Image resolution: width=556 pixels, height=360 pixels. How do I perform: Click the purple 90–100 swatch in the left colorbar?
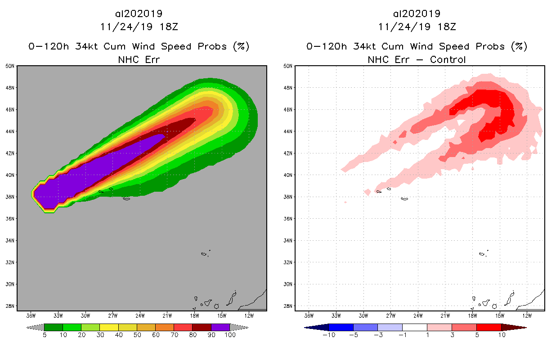coord(220,327)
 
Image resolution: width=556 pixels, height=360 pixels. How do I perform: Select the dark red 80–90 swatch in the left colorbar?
coord(202,327)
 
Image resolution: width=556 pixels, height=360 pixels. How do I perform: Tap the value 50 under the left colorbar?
coord(137,335)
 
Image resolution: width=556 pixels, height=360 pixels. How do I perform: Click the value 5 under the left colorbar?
coord(45,335)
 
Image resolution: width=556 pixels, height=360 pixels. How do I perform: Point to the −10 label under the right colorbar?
coord(329,335)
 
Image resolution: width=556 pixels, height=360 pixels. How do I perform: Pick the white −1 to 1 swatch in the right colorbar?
coord(414,327)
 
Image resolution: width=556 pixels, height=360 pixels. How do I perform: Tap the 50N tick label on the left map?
coord(11,66)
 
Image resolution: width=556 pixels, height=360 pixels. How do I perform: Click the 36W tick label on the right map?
coord(309,315)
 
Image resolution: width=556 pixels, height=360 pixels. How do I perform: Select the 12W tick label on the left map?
coord(249,315)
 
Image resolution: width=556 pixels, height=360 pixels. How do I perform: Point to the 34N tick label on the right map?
coord(289,241)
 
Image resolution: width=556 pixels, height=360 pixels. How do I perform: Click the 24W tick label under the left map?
coord(140,315)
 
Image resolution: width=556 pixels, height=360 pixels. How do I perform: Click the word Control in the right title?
coord(448,59)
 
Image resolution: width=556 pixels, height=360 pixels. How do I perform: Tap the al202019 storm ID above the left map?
coord(139,14)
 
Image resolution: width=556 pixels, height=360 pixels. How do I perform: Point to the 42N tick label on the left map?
coord(11,153)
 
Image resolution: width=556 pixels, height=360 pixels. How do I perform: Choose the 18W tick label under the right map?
coord(472,315)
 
